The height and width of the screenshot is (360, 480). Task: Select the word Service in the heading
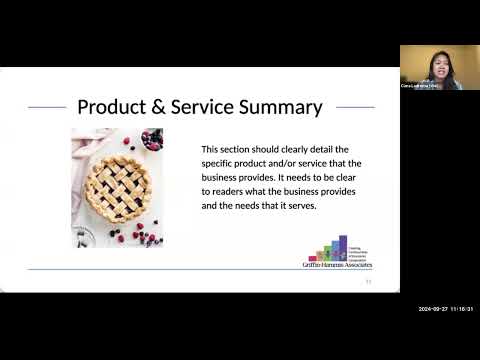pyautogui.click(x=215, y=106)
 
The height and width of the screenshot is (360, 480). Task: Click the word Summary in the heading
pyautogui.click(x=287, y=106)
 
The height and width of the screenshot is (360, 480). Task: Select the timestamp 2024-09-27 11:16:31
pyautogui.click(x=444, y=309)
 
